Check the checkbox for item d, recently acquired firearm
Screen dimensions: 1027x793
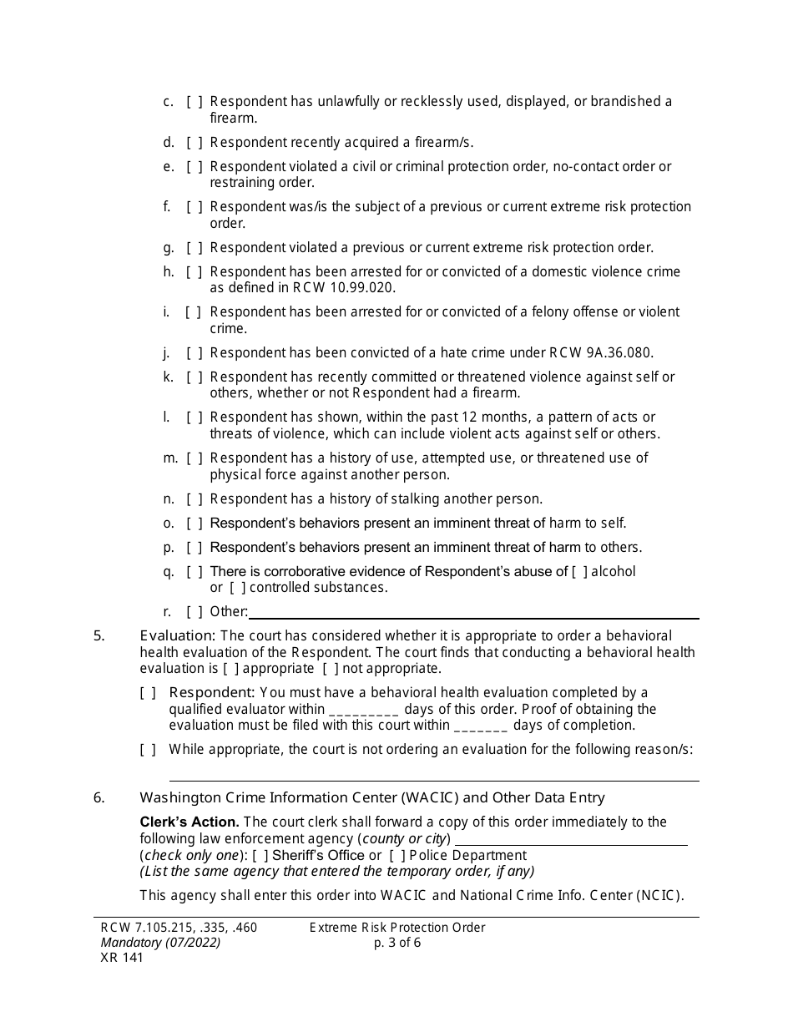(194, 142)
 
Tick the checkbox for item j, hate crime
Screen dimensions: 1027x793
(194, 352)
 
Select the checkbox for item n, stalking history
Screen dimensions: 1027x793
(194, 499)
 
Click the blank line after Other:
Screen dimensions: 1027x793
(473, 614)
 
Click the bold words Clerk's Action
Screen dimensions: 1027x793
(189, 822)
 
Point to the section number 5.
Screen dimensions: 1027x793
(99, 636)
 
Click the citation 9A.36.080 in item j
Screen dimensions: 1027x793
(612, 352)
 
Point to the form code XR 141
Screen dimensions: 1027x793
(122, 958)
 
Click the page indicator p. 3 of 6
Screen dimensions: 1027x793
(398, 944)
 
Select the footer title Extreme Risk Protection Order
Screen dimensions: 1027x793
(397, 928)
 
